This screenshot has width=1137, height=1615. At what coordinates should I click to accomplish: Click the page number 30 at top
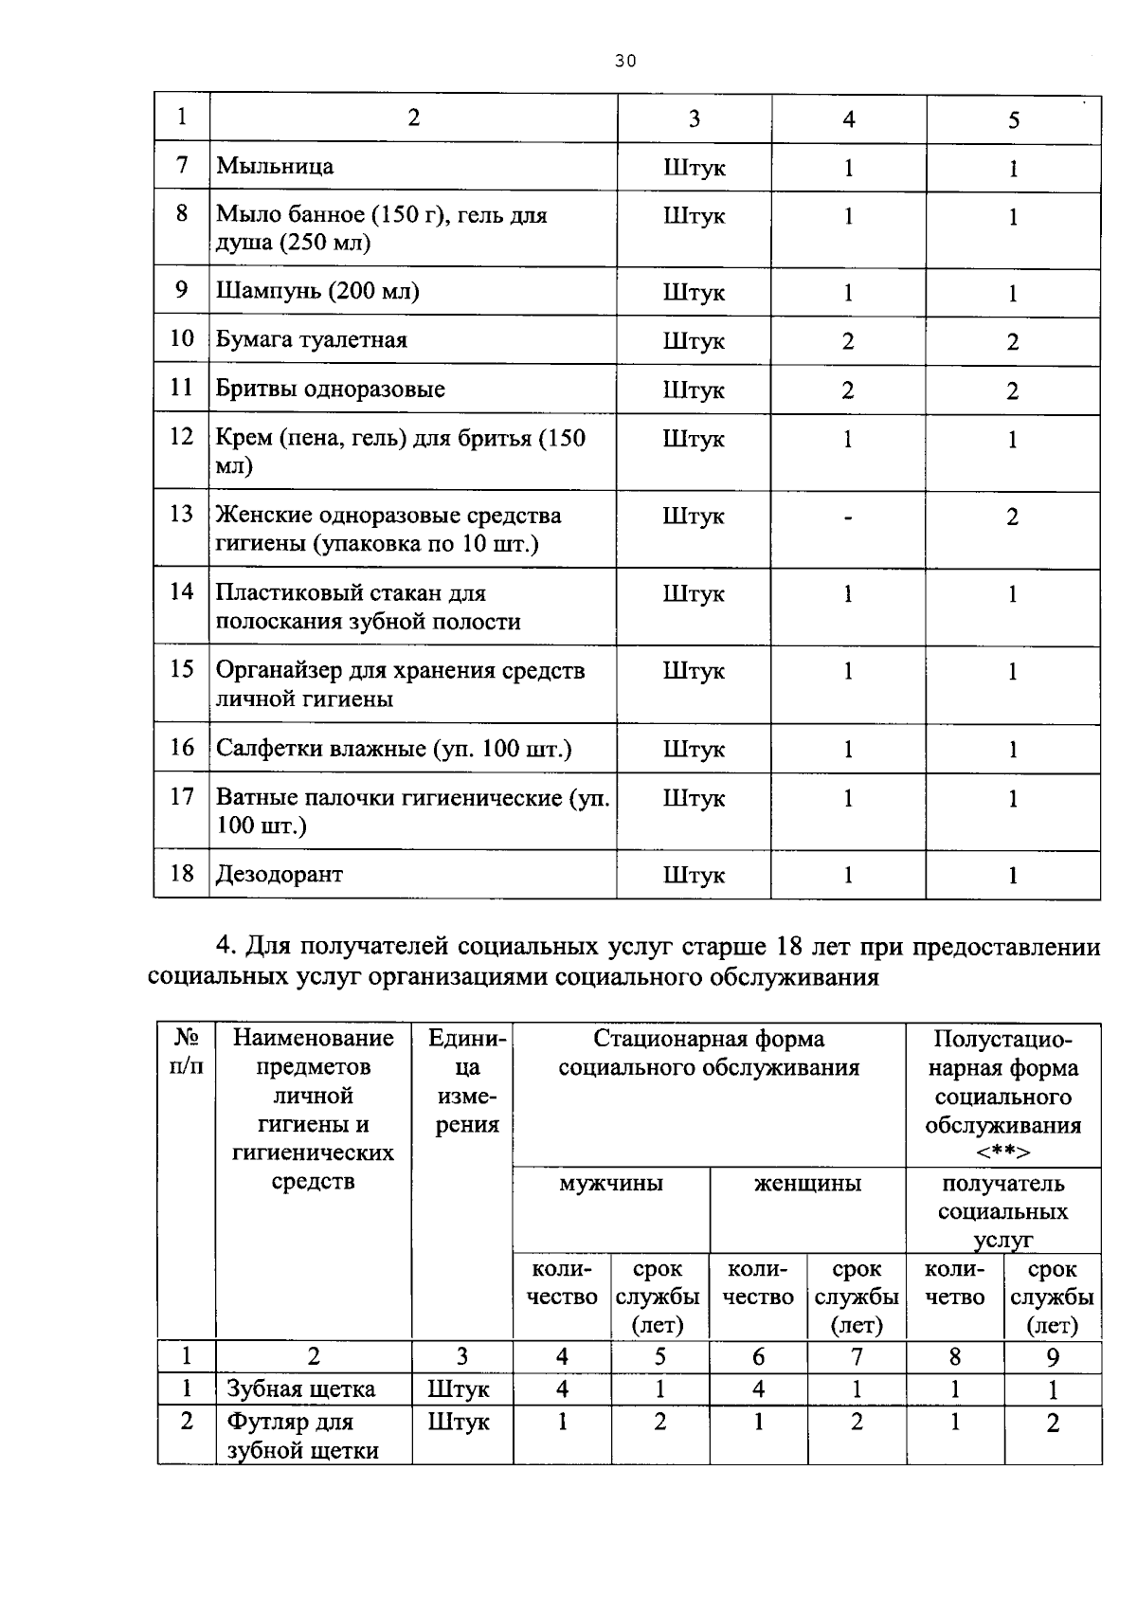[624, 62]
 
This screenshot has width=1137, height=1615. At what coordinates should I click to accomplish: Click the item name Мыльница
[275, 167]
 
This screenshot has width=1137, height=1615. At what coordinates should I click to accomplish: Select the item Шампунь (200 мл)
[317, 291]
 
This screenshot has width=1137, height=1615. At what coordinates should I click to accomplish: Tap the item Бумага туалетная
[312, 340]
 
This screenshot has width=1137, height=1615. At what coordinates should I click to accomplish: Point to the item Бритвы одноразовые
[330, 390]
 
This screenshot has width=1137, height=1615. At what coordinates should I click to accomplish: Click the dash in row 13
[848, 517]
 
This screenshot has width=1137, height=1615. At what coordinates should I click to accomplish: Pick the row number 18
[182, 873]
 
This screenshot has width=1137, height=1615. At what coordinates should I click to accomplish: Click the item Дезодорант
[280, 874]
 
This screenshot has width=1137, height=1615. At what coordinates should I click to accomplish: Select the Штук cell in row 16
[694, 750]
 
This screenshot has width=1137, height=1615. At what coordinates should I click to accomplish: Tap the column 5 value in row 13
[1012, 517]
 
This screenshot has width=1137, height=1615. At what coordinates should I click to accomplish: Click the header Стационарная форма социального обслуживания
[709, 1053]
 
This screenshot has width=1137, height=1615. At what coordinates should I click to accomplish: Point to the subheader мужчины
[611, 1184]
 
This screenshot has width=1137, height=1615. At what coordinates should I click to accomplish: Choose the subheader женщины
[807, 1184]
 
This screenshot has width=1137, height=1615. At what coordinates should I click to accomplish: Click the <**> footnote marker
[1002, 1152]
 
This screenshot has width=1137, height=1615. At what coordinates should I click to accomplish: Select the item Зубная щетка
[301, 1389]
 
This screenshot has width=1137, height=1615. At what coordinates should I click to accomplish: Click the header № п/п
[187, 1052]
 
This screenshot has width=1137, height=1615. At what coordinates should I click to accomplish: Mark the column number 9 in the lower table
[1052, 1357]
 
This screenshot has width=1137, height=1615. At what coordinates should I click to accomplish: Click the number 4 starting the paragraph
[225, 946]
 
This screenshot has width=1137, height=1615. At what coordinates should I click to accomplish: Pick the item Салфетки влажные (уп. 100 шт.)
[393, 749]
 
